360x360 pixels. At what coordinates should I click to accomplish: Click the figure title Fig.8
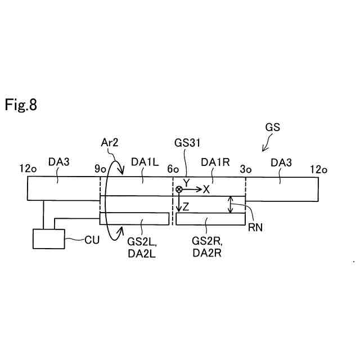pyautogui.click(x=21, y=105)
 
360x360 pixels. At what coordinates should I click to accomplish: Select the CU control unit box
pyautogui.click(x=49, y=238)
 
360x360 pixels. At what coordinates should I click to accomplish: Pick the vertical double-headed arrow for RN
pyautogui.click(x=229, y=204)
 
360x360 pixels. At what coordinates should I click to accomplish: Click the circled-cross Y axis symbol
pyautogui.click(x=179, y=190)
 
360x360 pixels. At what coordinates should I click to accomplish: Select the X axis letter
pyautogui.click(x=206, y=190)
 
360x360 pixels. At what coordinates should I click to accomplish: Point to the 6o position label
pyautogui.click(x=172, y=169)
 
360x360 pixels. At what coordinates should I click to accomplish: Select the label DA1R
pyautogui.click(x=214, y=163)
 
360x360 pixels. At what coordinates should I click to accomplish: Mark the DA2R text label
pyautogui.click(x=206, y=253)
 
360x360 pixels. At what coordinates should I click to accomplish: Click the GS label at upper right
pyautogui.click(x=272, y=128)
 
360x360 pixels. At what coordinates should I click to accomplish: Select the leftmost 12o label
pyautogui.click(x=28, y=168)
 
